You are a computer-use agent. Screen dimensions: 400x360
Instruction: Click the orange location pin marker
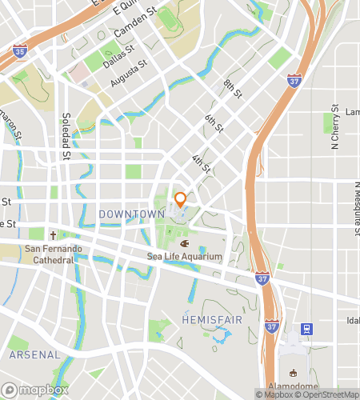click(x=181, y=200)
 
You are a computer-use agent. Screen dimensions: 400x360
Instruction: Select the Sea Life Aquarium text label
click(x=184, y=257)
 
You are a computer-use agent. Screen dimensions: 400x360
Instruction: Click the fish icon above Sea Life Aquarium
click(x=184, y=243)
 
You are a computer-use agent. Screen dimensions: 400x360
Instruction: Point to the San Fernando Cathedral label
click(x=54, y=254)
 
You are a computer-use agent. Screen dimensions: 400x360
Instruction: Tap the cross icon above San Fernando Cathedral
click(x=54, y=236)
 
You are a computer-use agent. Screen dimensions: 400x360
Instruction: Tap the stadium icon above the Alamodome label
click(x=292, y=373)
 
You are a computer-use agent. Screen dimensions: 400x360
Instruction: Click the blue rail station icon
click(x=306, y=328)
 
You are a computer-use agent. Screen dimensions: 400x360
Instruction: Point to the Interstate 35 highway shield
click(x=19, y=51)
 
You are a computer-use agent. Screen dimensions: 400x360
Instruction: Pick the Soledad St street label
click(x=66, y=134)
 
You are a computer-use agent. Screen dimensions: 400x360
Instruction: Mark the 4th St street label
click(x=201, y=162)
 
